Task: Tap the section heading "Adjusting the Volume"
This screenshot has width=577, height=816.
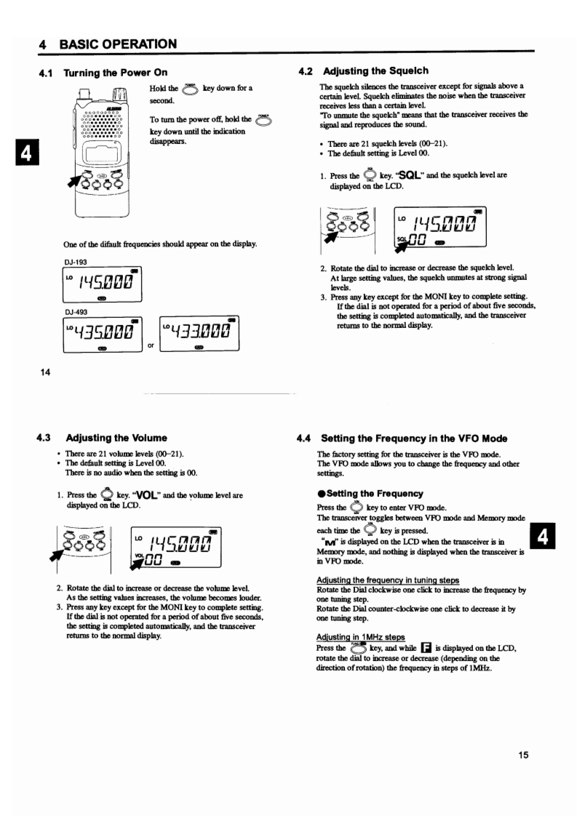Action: point(116,438)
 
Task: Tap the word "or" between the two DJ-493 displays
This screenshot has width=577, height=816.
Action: point(152,344)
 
